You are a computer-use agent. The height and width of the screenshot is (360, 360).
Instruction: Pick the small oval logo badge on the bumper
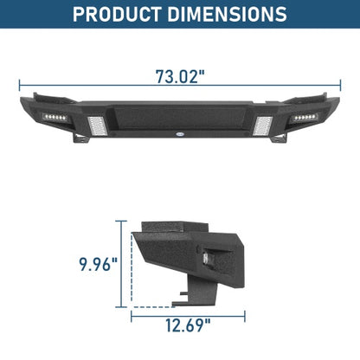(x=179, y=134)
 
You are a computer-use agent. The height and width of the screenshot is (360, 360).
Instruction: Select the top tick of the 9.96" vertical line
(x=119, y=221)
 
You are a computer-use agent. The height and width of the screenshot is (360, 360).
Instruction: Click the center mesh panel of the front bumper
(x=179, y=117)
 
